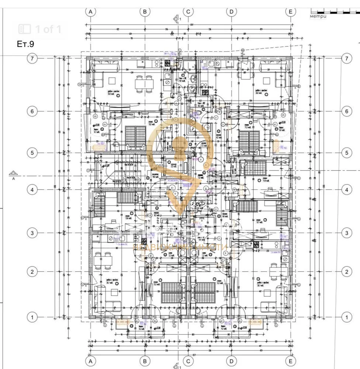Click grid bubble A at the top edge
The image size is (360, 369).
click(90, 11)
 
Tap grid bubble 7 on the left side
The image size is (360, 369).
click(32, 58)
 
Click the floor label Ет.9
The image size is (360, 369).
click(25, 44)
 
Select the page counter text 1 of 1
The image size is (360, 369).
click(48, 29)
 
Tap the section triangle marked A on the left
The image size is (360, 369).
click(14, 173)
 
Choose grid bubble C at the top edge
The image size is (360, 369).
click(188, 11)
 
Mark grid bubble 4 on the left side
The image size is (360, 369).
click(32, 190)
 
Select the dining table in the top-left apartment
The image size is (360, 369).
click(144, 84)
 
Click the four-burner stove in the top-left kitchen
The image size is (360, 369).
click(169, 63)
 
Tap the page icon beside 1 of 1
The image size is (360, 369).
click(25, 29)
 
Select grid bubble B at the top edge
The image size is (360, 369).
click(145, 11)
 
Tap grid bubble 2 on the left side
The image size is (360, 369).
click(32, 272)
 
